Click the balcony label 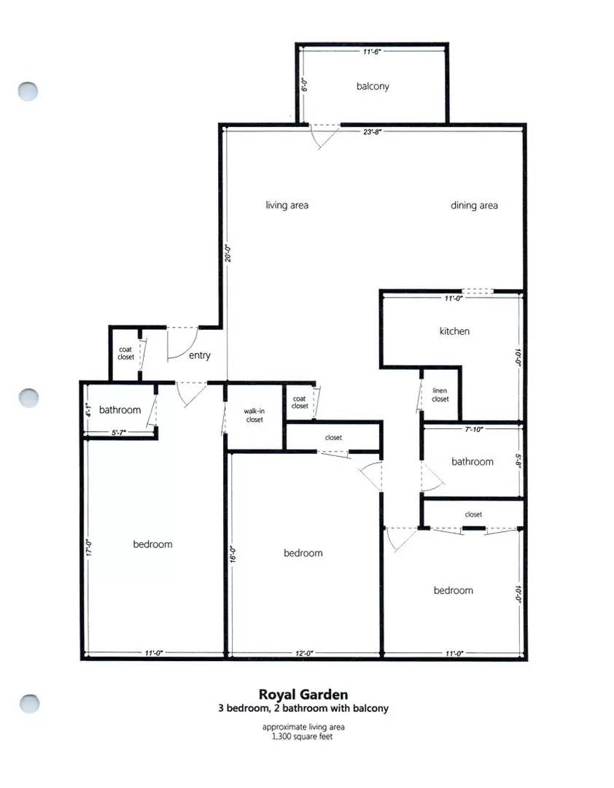tap(373, 86)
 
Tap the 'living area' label tap(287, 205)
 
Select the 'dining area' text tap(474, 205)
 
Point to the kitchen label tap(454, 331)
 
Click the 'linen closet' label tap(440, 395)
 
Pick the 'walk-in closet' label tap(254, 415)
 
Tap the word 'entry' tap(199, 355)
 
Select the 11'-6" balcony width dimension tap(373, 52)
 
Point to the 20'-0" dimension tap(228, 252)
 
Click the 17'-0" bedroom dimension tap(88, 547)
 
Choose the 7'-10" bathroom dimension tap(474, 430)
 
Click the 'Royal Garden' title tap(303, 695)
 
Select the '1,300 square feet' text tap(303, 736)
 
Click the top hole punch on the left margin tap(28, 91)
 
